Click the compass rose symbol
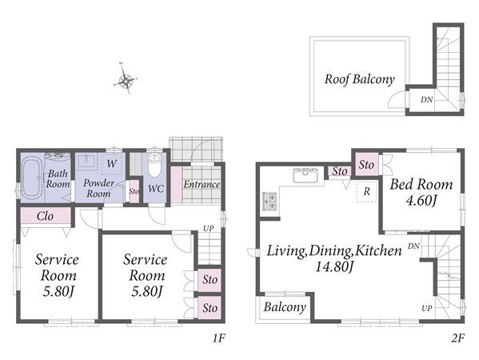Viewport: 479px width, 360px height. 126,78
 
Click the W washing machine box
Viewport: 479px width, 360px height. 111,163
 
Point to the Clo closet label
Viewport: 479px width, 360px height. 46,216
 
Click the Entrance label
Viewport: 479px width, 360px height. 202,184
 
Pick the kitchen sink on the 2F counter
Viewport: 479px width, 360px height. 305,175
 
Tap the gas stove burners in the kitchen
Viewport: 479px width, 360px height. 269,201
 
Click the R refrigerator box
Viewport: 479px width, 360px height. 366,192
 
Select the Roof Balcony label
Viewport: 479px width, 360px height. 360,79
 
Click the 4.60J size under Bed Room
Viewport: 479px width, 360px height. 421,201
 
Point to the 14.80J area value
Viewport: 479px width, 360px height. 334,266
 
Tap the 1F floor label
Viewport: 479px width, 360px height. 219,338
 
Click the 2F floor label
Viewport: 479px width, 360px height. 457,338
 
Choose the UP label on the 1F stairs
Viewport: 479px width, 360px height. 209,228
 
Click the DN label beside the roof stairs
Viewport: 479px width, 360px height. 426,99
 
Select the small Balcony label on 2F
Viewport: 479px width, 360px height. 285,307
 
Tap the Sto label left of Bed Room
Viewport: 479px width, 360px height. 366,165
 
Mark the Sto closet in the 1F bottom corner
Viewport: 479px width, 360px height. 210,308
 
